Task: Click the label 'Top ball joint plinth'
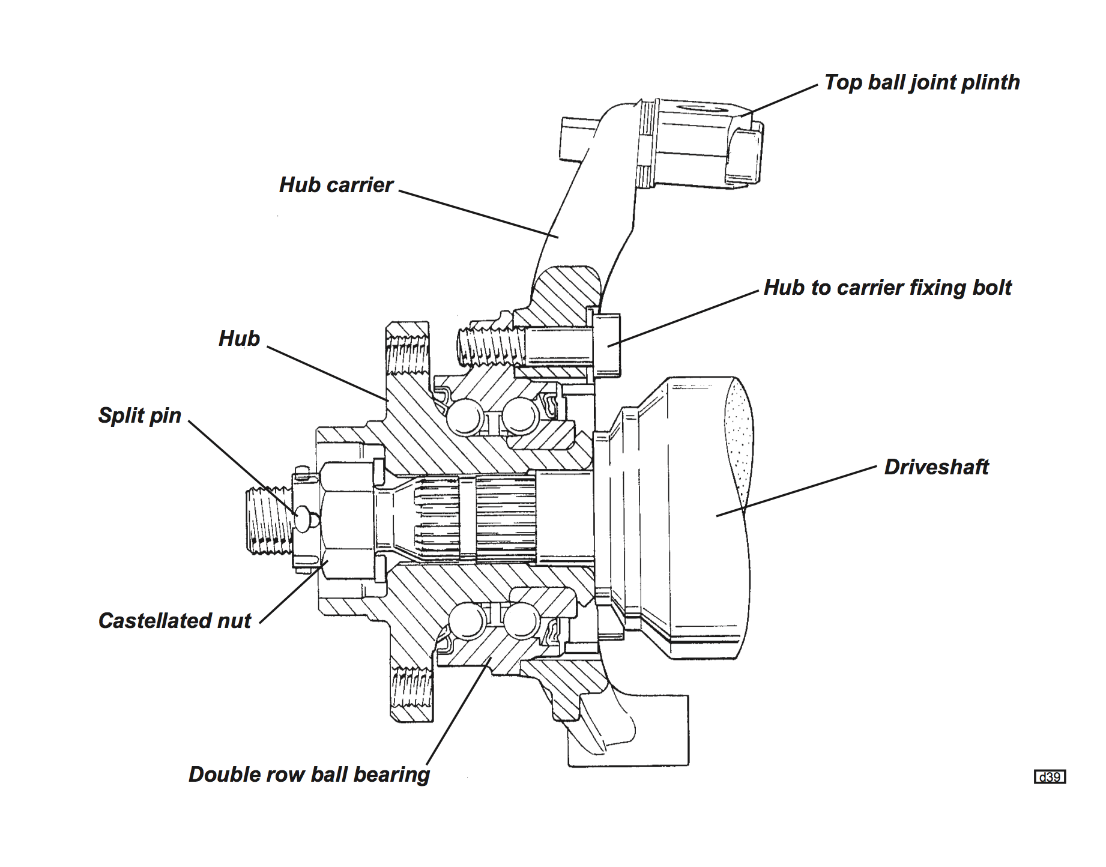point(922,83)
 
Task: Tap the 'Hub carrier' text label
point(336,185)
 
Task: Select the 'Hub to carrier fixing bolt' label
point(887,288)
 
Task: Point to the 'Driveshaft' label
point(936,467)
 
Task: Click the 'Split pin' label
point(139,415)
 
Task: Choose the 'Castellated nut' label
point(175,621)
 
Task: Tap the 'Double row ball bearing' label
point(309,775)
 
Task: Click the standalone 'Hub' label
point(239,339)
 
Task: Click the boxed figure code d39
point(1050,777)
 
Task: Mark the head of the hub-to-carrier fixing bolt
point(606,345)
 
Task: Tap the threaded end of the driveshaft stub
point(270,520)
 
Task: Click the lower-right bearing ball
point(521,620)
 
